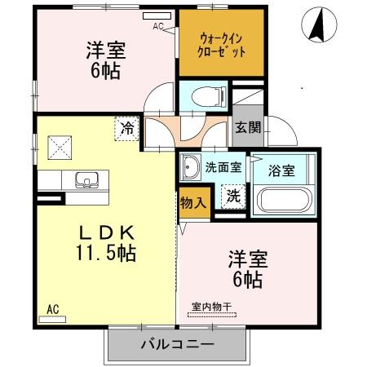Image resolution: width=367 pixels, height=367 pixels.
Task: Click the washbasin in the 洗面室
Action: (x=191, y=166)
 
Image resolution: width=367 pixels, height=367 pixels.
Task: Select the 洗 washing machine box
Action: (x=232, y=196)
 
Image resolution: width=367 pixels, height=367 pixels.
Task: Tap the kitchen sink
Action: (x=84, y=179)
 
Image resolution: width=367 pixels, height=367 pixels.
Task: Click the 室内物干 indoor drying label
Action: (x=212, y=305)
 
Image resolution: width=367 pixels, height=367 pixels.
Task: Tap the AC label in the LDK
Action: (x=52, y=309)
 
